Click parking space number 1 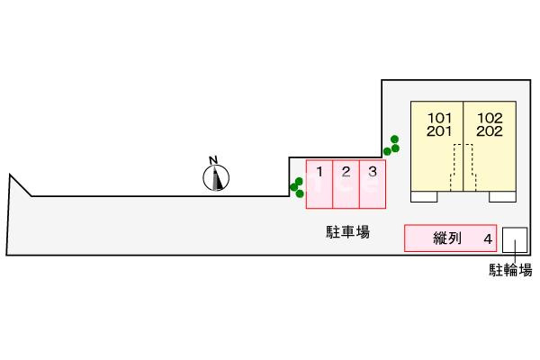point(319,184)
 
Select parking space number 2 point(346,184)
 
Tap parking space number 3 point(373,184)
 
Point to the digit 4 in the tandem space point(488,238)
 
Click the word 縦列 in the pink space point(447,238)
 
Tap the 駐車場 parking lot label point(347,232)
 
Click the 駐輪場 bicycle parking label point(510,270)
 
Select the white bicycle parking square point(515,239)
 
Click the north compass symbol point(216,178)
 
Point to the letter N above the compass point(213,160)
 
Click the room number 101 point(439,118)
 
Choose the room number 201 point(439,130)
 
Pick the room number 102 point(490,118)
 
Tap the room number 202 point(490,130)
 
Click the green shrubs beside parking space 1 point(297,187)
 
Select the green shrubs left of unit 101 point(391,145)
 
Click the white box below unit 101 point(424,196)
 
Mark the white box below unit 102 point(502,196)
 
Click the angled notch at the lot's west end point(21,185)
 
